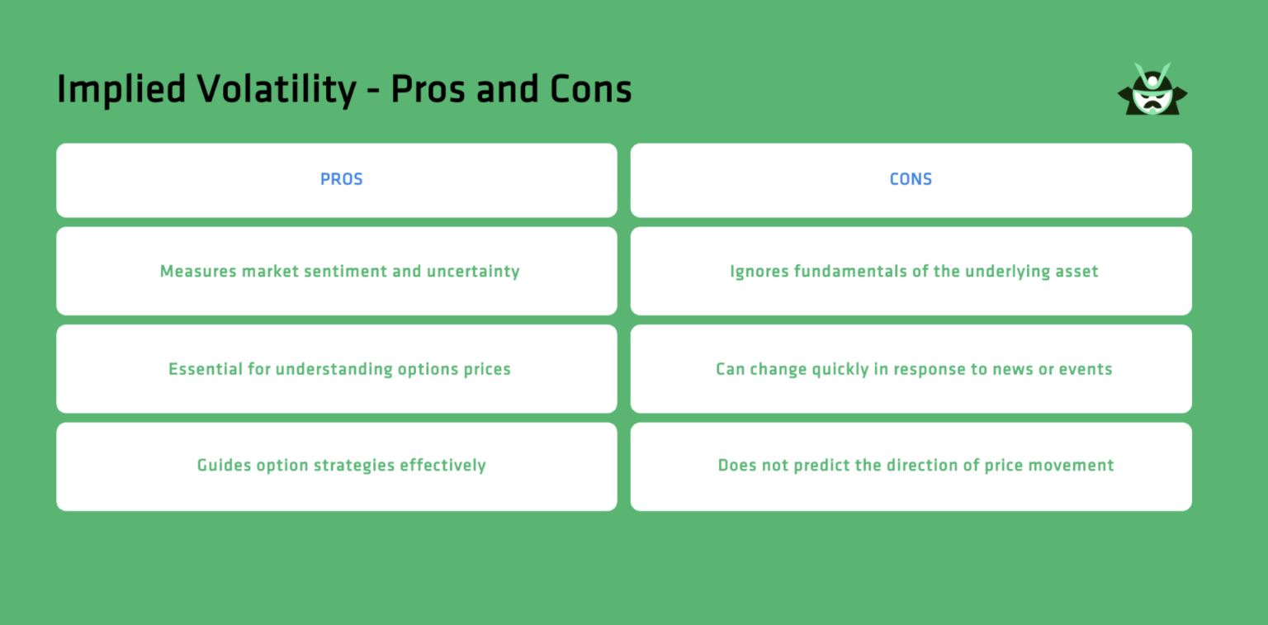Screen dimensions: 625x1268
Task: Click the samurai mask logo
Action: (x=1152, y=90)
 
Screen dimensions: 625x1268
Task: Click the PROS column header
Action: (x=341, y=179)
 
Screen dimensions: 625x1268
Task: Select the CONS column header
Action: (x=911, y=179)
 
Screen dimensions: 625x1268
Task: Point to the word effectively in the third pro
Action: (x=442, y=466)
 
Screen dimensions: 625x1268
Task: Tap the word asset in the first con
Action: (x=1077, y=272)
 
